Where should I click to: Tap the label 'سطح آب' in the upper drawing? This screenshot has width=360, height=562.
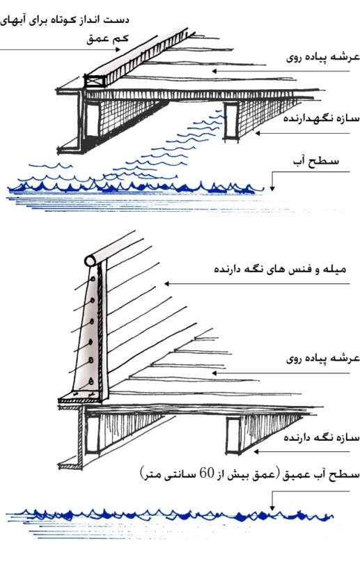click(x=316, y=161)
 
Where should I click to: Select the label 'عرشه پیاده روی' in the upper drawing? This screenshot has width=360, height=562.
click(x=322, y=58)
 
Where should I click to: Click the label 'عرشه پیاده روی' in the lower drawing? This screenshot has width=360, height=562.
click(x=322, y=359)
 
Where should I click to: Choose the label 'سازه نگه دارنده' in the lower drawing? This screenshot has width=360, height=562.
click(x=321, y=437)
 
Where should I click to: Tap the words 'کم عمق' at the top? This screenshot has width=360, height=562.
click(x=107, y=39)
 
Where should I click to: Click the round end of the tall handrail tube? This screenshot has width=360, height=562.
click(x=90, y=260)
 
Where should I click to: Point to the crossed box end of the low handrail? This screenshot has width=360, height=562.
click(x=95, y=81)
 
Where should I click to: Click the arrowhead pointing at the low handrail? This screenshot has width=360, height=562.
click(x=118, y=50)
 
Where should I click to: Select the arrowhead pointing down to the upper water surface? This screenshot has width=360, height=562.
click(x=272, y=187)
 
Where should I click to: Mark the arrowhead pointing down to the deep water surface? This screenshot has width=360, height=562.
click(x=272, y=507)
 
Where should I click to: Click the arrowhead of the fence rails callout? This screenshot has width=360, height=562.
click(x=166, y=284)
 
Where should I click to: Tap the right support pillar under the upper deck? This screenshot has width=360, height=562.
click(x=230, y=121)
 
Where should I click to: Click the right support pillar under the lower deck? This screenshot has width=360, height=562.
click(x=233, y=435)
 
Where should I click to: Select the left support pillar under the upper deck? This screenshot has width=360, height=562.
click(x=91, y=120)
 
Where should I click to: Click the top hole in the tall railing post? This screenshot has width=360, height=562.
click(x=92, y=279)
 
